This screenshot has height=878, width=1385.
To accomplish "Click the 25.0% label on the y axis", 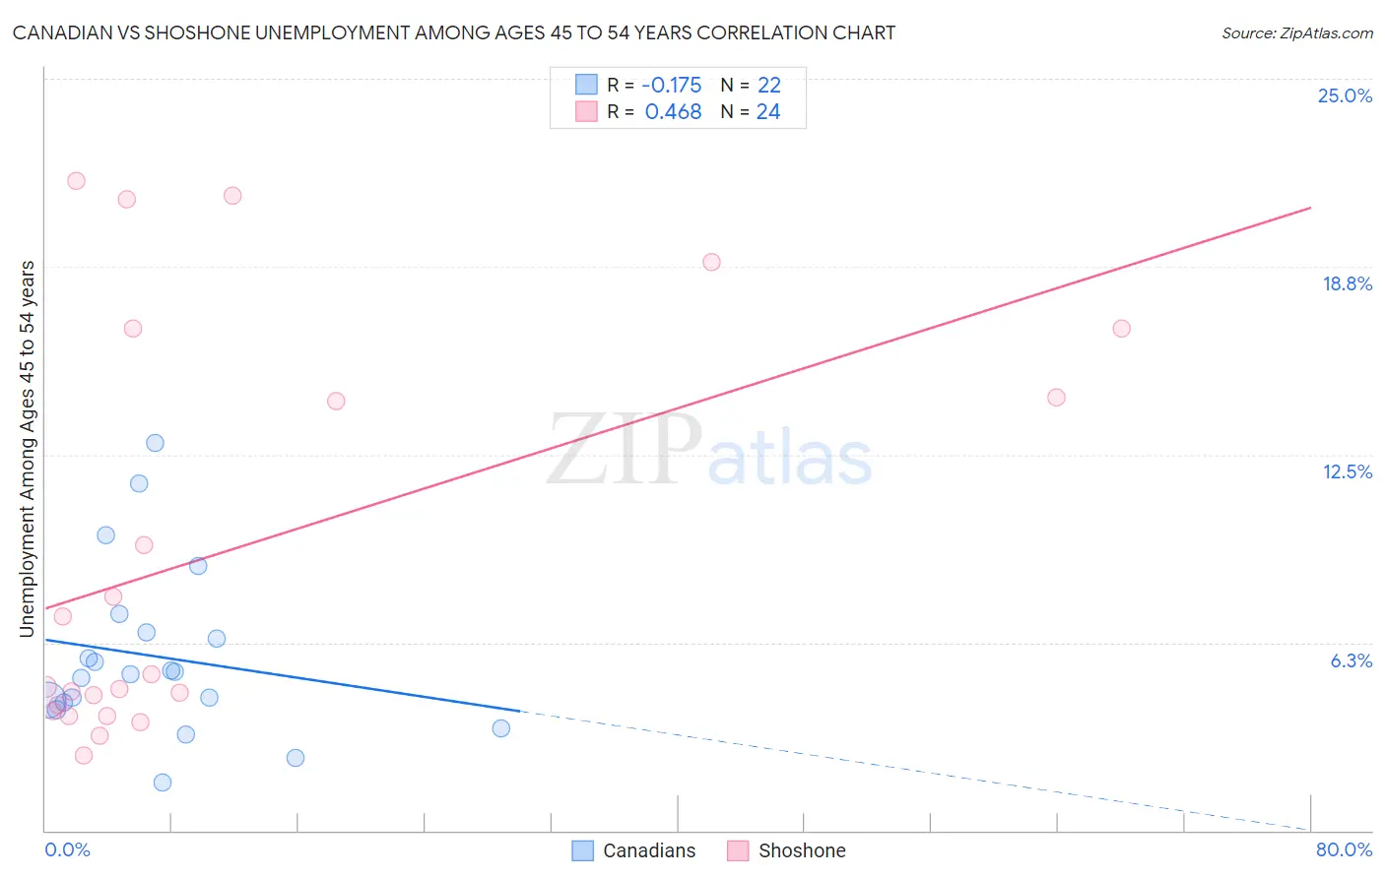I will (1345, 95).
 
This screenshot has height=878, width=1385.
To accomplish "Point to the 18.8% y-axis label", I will (1347, 283).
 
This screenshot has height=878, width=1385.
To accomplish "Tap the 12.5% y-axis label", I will (1347, 471).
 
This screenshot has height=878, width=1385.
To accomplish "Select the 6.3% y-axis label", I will (1351, 660).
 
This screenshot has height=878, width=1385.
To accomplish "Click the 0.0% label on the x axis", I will (67, 849).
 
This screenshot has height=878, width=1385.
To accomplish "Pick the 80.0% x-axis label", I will (1344, 849).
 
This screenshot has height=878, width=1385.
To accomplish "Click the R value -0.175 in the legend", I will (671, 85).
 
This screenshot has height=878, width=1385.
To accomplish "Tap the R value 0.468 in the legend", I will (673, 111).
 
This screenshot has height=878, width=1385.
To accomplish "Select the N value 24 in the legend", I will (768, 111).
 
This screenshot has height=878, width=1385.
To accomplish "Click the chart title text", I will (454, 32).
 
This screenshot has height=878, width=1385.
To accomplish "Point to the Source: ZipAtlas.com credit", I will (1296, 32).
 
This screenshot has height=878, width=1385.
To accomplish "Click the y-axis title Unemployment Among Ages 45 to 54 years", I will (27, 448).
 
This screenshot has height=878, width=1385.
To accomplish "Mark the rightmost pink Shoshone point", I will (1121, 329).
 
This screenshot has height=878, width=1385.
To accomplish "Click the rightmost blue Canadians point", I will (500, 728).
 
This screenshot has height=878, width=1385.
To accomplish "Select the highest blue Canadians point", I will (155, 443).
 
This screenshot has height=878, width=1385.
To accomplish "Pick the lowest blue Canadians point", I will (163, 783).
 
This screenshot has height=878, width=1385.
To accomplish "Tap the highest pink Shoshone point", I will (76, 181).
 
